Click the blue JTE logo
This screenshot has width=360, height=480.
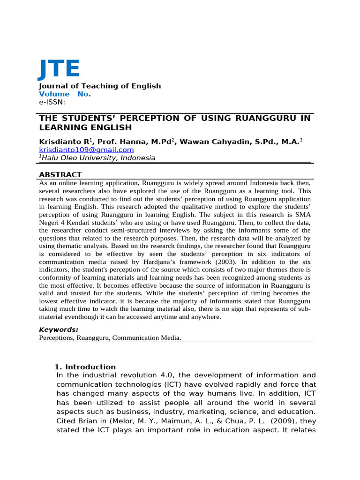pyautogui.click(x=59, y=69)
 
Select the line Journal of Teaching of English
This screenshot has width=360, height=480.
pyautogui.click(x=99, y=86)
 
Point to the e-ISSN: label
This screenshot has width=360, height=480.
pyautogui.click(x=52, y=102)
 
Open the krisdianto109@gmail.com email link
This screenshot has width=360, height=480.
pyautogui.click(x=86, y=150)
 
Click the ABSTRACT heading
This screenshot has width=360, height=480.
pyautogui.click(x=60, y=174)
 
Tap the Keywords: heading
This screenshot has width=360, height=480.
pyautogui.click(x=59, y=330)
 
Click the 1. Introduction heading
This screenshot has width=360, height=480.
pyautogui.click(x=85, y=367)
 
